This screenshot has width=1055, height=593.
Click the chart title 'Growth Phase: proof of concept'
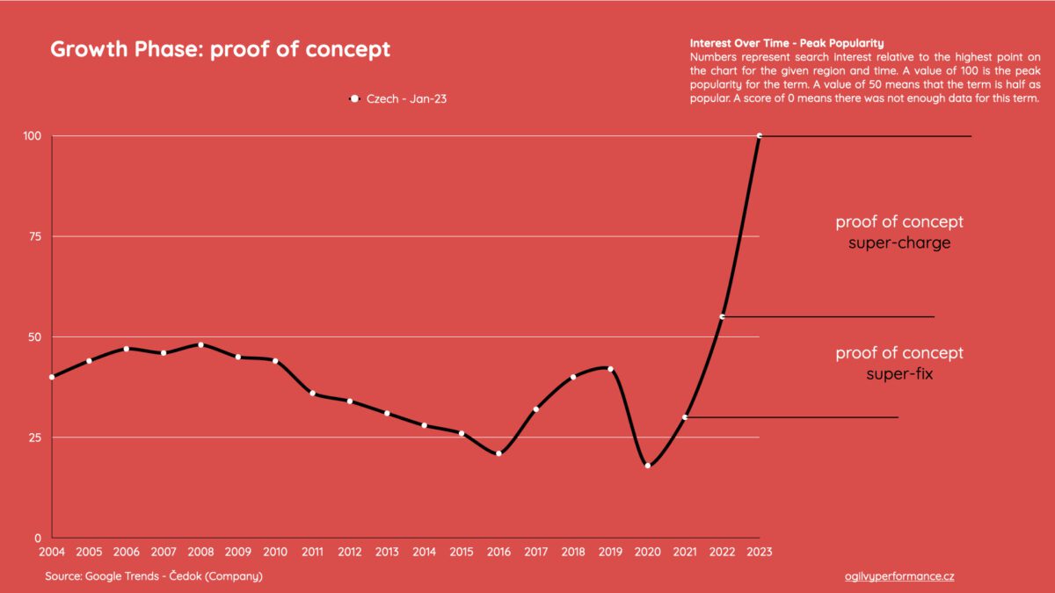[220, 49]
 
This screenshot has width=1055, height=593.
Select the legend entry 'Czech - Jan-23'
[400, 99]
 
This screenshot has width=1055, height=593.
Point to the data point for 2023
[759, 135]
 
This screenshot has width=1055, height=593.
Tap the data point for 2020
[648, 466]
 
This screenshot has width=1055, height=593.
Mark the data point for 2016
[498, 453]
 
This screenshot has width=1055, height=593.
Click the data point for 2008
[200, 344]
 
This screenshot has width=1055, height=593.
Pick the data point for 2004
[52, 377]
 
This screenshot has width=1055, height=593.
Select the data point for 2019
[610, 369]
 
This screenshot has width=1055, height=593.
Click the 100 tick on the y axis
[33, 136]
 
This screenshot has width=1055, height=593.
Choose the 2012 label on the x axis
[349, 553]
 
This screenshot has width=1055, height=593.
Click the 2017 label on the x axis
[535, 553]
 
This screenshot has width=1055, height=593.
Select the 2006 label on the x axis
[126, 553]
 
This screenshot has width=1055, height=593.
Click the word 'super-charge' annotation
[899, 243]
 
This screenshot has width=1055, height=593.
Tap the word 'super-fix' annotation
[899, 375]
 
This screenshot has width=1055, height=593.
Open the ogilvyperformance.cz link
[899, 576]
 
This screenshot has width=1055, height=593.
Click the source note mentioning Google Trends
[154, 576]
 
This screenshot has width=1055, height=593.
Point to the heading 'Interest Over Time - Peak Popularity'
[787, 43]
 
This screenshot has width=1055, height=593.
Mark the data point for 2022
[722, 316]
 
